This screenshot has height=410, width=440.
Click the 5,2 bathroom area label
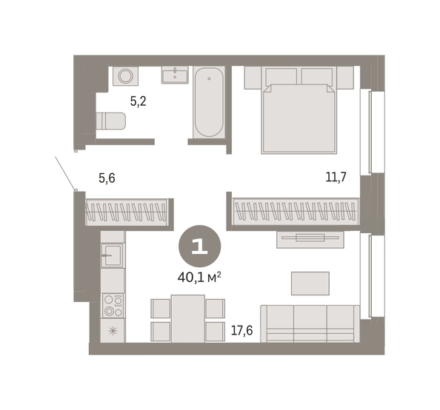[138, 101]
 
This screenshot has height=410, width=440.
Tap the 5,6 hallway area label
[107, 178]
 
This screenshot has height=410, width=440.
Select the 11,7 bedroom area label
[336, 177]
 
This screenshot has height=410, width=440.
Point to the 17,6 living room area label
[241, 330]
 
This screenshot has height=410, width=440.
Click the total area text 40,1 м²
[199, 278]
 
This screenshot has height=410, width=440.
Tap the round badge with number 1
[199, 246]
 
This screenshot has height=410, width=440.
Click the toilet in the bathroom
[110, 121]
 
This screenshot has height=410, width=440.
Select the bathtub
[209, 102]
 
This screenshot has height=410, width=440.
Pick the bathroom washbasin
[175, 75]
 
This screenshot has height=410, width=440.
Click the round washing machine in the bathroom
[125, 76]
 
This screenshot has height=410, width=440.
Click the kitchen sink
[113, 255]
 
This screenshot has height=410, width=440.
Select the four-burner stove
[113, 306]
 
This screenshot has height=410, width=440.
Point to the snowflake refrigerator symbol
[113, 332]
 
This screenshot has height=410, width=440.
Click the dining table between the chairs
[188, 318]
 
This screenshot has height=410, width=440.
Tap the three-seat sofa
[310, 323]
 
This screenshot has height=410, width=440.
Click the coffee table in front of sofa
[310, 283]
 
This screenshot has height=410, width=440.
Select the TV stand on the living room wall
[310, 240]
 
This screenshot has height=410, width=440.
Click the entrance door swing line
[65, 173]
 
